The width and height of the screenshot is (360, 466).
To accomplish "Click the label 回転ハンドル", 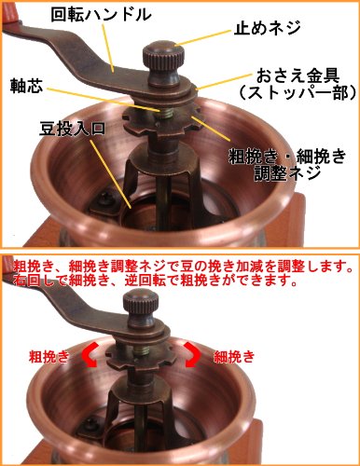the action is coord(101,14).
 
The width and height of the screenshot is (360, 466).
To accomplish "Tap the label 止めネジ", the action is coord(268,28).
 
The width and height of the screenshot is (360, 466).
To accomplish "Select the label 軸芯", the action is coord(27,85).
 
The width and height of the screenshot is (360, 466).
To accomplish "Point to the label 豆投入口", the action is coord(72,129).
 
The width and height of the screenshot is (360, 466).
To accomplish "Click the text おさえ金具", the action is coord(298,75).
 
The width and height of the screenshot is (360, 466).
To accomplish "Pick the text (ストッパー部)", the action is coord(298,92).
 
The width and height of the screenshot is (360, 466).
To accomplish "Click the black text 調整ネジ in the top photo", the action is coord(287,173).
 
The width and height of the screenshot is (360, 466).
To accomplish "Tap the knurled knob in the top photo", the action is coord(162,62).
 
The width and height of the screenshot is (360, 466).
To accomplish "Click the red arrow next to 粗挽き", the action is coord(90,355).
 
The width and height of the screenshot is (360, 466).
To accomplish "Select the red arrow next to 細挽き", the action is coord(193,355).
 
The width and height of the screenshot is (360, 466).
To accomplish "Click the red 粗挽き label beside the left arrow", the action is coord(48,356).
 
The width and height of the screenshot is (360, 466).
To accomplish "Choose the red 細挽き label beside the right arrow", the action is coord(234,356).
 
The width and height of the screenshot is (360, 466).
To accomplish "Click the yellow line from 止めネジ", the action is coord(204,38).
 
